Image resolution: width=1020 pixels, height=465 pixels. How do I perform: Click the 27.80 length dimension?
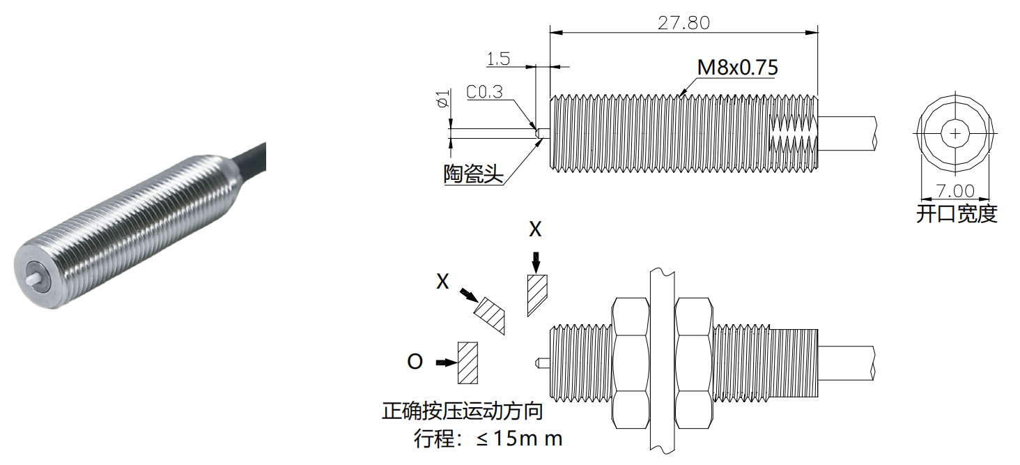(683, 22)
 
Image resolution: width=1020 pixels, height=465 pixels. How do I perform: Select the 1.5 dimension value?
(498, 59)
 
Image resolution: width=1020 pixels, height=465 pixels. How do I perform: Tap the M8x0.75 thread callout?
(737, 68)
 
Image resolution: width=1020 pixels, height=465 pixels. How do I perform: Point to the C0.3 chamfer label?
(484, 93)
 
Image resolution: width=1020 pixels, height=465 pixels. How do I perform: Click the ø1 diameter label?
(441, 101)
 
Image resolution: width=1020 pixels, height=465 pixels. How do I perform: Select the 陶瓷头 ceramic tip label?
(473, 174)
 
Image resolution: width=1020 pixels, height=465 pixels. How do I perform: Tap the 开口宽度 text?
(956, 214)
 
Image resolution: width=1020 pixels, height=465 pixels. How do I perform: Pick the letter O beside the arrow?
(415, 363)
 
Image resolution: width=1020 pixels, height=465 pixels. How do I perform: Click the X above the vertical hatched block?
(535, 230)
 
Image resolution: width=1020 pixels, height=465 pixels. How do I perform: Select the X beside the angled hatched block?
(442, 281)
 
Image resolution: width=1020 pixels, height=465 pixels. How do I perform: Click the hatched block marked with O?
(467, 363)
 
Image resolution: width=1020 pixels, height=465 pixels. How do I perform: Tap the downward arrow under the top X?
(535, 262)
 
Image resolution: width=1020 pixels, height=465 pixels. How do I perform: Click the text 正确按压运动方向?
(462, 411)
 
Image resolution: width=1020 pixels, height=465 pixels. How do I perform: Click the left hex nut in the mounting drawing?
(630, 363)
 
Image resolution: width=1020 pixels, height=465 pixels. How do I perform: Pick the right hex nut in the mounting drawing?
(694, 363)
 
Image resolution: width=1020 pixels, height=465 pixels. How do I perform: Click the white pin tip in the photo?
(33, 277)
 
